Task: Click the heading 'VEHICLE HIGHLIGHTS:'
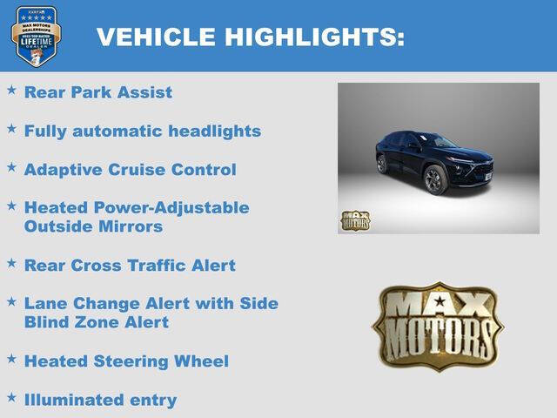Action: coord(250,37)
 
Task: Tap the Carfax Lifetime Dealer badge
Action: coord(36,36)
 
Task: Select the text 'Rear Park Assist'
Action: coord(98,91)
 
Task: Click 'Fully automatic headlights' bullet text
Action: coord(143,131)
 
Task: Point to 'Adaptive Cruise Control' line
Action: coord(131,169)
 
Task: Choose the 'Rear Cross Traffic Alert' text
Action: coord(130,265)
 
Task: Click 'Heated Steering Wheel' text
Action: coord(126,361)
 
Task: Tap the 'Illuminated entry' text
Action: coord(100,400)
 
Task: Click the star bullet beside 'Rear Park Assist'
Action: coord(11,90)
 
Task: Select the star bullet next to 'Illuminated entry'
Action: coord(11,397)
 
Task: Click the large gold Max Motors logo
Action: coord(438,325)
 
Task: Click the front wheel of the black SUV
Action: coord(434,180)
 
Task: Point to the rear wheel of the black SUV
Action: coord(381,165)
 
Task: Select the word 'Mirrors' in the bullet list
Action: coord(131,226)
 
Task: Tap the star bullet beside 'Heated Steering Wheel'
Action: coord(11,358)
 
